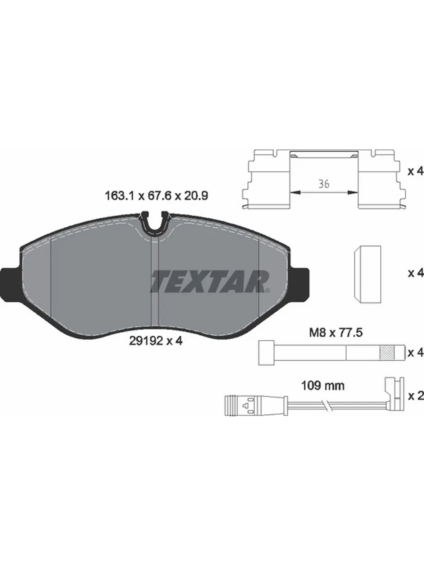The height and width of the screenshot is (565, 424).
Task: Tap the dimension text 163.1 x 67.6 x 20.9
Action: click(156, 196)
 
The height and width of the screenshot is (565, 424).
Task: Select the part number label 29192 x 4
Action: click(155, 341)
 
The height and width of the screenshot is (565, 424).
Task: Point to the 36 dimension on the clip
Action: click(324, 184)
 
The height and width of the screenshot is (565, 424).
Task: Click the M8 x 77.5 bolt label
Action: click(336, 333)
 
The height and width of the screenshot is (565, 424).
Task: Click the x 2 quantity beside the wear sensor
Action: click(416, 404)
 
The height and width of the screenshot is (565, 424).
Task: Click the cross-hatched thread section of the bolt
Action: click(387, 352)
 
